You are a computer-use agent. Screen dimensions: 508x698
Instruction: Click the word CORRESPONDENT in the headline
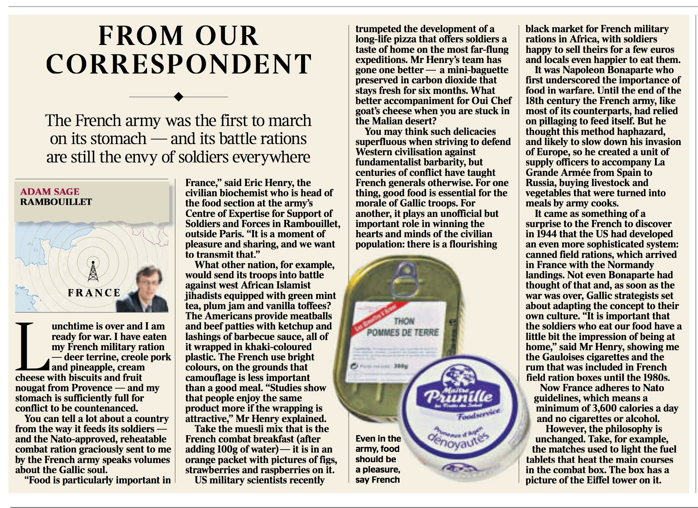(179, 64)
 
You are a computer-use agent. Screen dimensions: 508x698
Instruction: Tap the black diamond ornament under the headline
(178, 97)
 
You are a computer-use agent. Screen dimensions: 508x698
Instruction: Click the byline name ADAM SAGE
(50, 191)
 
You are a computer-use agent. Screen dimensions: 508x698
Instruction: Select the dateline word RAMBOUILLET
(56, 202)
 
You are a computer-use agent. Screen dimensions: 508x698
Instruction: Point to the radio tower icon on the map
(93, 271)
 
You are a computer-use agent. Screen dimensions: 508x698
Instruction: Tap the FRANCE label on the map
(94, 293)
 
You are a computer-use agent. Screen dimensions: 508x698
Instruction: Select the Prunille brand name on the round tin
(455, 397)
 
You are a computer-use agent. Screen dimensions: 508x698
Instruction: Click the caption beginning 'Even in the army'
(378, 459)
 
